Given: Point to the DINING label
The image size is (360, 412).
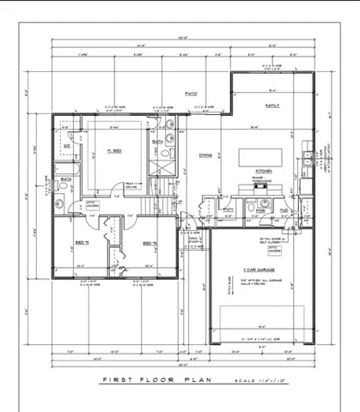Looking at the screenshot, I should [x=205, y=155].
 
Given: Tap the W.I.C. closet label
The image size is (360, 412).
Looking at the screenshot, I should [x=67, y=147].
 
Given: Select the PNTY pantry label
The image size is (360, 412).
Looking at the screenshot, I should [x=229, y=209].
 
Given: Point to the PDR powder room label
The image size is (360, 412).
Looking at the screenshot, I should [x=259, y=209].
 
